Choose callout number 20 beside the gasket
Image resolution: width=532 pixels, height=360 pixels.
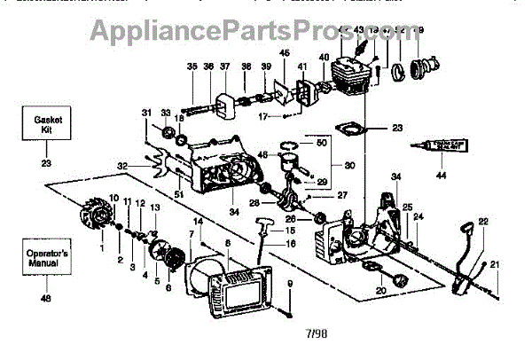381,291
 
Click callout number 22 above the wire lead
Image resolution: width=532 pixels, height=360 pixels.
483,221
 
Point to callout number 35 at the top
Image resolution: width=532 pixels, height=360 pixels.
192,67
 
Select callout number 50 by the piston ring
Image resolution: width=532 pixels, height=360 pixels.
321,143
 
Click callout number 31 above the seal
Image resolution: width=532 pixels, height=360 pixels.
145,112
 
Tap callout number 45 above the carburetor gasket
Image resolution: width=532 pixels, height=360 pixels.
284,54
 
